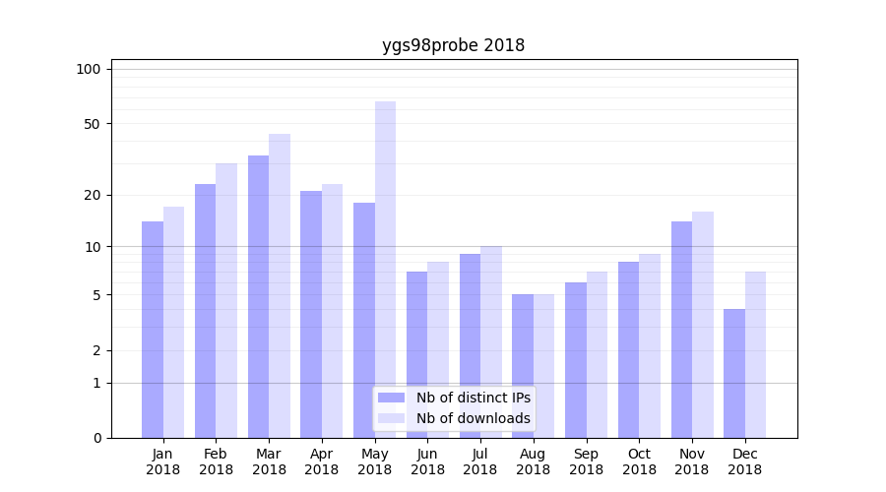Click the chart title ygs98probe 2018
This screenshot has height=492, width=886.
[453, 45]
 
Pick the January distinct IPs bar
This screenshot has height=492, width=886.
[153, 330]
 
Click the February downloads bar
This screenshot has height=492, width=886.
[226, 300]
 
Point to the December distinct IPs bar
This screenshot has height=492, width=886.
[734, 374]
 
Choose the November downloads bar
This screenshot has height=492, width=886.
[703, 325]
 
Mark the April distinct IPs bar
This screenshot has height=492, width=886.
[311, 315]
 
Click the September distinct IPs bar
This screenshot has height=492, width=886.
[576, 360]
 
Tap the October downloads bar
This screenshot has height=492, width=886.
[650, 345]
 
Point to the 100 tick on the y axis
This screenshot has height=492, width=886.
[89, 69]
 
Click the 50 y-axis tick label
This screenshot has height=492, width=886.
[92, 124]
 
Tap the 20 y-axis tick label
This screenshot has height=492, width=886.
[92, 195]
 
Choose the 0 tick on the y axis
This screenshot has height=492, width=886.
[95, 438]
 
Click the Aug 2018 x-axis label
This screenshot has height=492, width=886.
[533, 461]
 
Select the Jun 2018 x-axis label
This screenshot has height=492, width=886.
[427, 461]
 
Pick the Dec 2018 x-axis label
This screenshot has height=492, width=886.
[744, 461]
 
